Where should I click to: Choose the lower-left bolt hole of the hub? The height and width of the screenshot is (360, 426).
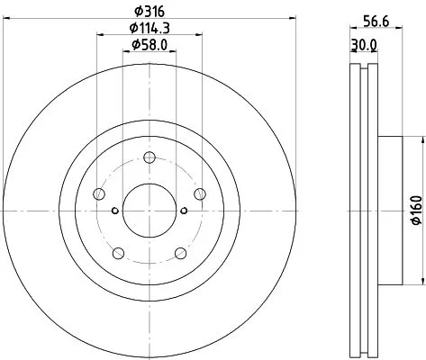(117, 251)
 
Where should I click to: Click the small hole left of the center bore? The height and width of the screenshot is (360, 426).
(113, 211)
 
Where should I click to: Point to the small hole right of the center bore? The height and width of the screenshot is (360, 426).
(183, 211)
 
